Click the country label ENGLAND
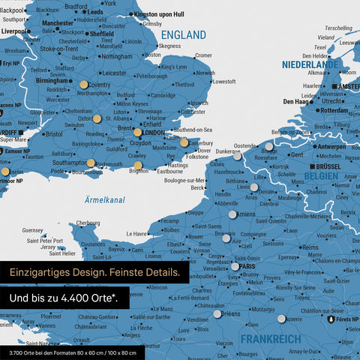tap(184, 35)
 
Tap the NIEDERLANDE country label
tap(310, 65)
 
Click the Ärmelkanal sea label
tap(103, 199)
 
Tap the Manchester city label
tap(58, 23)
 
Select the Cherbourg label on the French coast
tap(88, 223)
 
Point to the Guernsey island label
tap(33, 230)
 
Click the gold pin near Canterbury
tap(184, 142)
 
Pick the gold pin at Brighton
tap(138, 165)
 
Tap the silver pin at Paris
tap(235, 266)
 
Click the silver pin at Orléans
tap(217, 315)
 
